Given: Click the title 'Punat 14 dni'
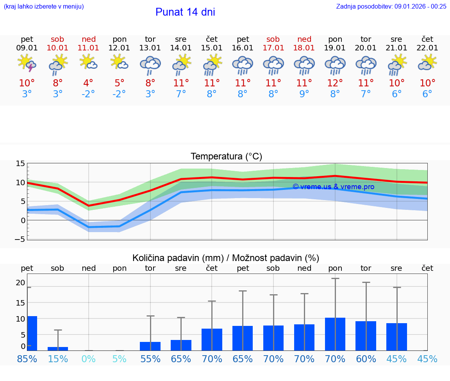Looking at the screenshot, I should point(185,12).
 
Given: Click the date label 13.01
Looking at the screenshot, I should point(150,48).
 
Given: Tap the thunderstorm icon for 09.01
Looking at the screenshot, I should point(27,63).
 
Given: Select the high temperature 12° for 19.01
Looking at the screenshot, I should point(335,83).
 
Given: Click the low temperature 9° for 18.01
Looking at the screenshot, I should point(304,94).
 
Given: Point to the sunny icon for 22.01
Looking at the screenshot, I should point(427,62).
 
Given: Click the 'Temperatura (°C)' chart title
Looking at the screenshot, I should point(226,157).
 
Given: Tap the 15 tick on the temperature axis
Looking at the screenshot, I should point(21,164).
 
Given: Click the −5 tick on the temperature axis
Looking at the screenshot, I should point(20,239).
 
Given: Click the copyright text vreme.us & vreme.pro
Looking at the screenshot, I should point(333,187).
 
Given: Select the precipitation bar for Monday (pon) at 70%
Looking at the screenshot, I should point(335,334).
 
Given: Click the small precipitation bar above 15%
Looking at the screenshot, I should point(58,349).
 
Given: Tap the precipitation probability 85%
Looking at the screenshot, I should point(27,359).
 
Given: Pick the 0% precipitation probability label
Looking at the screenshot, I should point(89,359).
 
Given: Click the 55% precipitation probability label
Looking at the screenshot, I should point(150,359).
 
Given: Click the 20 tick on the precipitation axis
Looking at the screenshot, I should point(21,283).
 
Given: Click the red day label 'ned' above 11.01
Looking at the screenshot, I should point(89,39).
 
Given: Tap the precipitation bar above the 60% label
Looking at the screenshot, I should point(366,336).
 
